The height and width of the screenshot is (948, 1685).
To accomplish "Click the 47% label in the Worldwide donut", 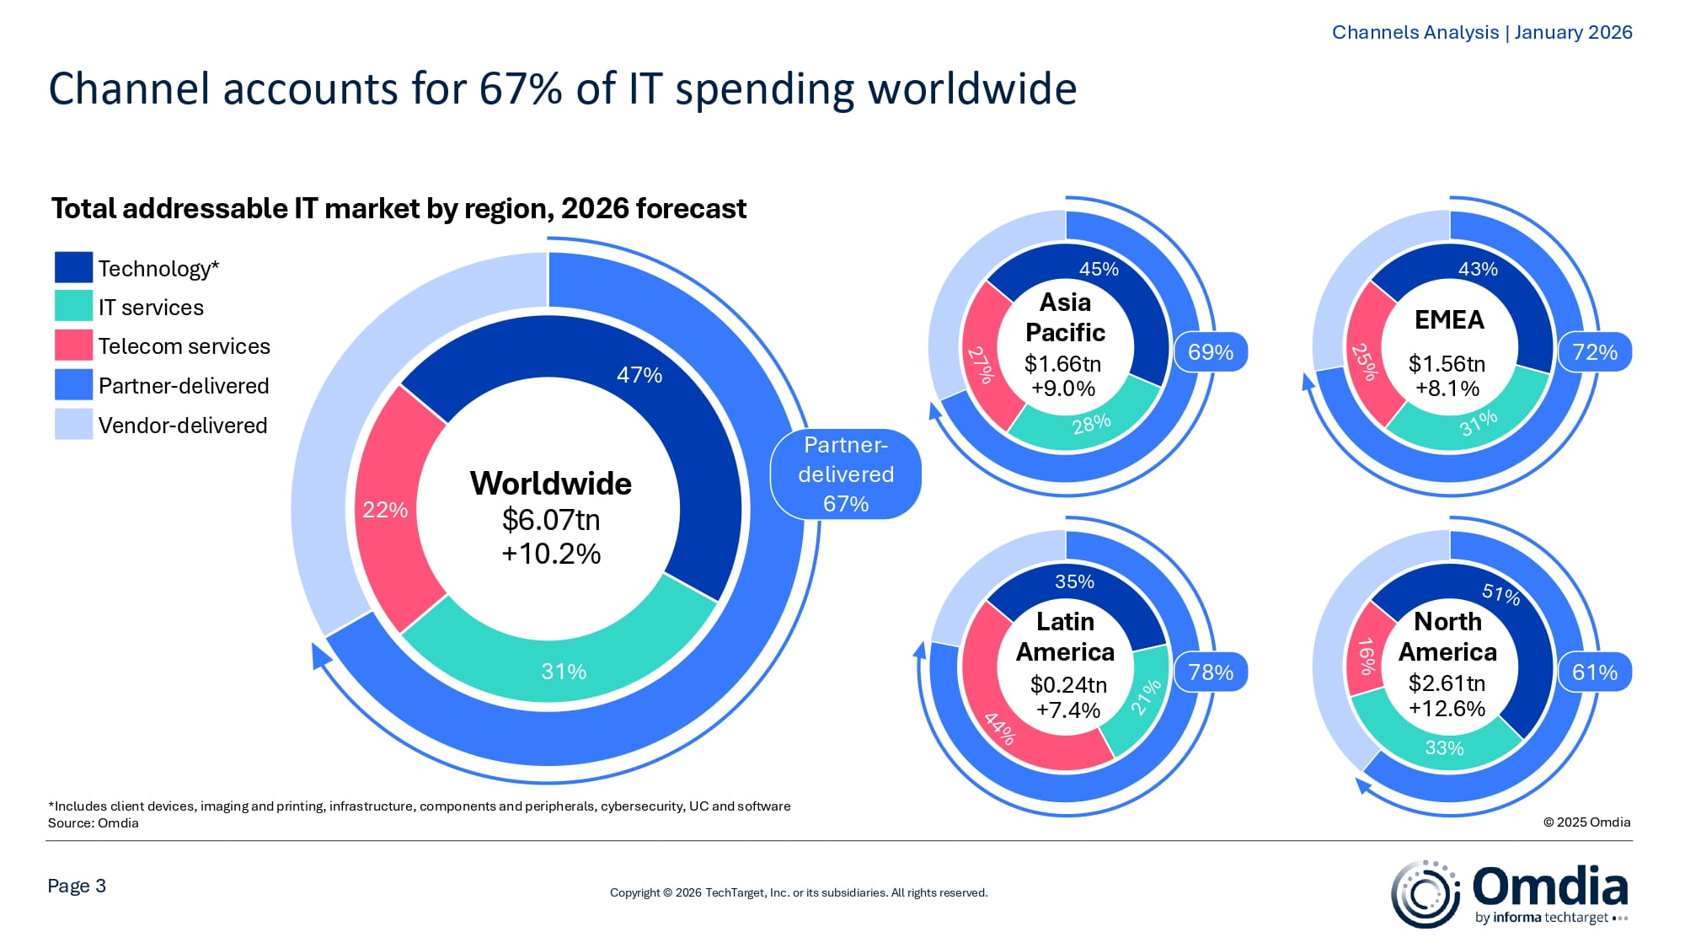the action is click(x=639, y=375).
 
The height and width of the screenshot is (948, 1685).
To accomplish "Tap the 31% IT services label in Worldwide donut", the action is click(x=564, y=672).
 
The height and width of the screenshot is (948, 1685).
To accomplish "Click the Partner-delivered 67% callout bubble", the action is click(x=846, y=474).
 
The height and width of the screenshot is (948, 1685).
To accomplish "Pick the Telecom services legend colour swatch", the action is click(x=73, y=345).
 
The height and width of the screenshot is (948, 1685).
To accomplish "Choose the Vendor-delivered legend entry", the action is click(x=182, y=425).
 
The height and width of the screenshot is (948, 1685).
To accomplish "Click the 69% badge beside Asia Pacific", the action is click(x=1210, y=352).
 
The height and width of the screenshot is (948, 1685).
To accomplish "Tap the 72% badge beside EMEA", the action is click(x=1594, y=352).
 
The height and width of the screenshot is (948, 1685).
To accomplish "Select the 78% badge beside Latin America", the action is click(x=1210, y=672).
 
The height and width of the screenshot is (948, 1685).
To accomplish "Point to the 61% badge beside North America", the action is click(x=1594, y=672).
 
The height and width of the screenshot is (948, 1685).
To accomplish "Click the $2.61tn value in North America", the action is click(x=1447, y=683).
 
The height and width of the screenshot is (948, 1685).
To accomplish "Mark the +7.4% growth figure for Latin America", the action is click(x=1067, y=710).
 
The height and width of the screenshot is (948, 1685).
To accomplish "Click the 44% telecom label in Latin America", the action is click(x=1000, y=728).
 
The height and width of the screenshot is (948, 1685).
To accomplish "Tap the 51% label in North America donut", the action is click(x=1501, y=594).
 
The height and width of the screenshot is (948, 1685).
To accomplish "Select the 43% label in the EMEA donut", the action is click(x=1478, y=269).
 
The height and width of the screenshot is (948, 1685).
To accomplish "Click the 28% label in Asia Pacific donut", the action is click(x=1091, y=424).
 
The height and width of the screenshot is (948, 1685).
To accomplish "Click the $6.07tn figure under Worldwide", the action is click(x=551, y=520).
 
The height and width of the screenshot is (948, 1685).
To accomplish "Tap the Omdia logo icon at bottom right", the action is click(x=1426, y=894).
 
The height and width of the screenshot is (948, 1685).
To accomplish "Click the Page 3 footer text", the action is click(x=77, y=886).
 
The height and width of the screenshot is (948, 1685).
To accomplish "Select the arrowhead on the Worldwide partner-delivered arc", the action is click(x=320, y=655).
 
